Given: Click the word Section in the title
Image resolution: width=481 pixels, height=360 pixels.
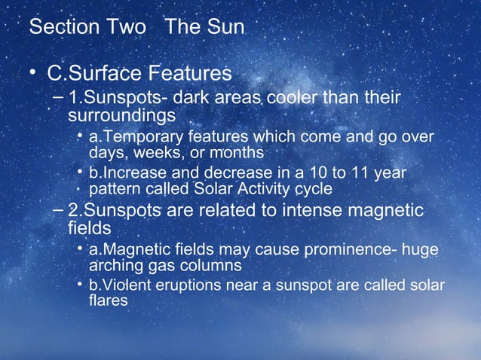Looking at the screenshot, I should [x=60, y=28].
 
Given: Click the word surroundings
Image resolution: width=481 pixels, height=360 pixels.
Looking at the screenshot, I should [x=121, y=116].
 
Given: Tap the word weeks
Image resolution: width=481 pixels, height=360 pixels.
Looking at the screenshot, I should [x=157, y=152].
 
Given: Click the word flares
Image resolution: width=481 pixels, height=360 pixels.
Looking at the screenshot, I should [x=108, y=301].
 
